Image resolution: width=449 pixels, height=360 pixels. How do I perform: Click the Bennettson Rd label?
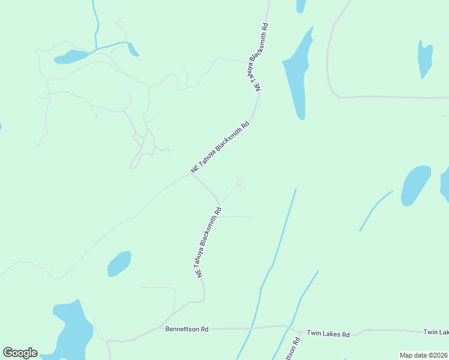click(x=187, y=329)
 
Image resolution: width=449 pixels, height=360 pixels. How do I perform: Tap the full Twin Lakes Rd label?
click(x=328, y=333)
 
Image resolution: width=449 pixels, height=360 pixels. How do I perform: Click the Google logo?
click(x=20, y=353)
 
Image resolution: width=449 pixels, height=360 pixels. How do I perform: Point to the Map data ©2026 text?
click(x=423, y=355)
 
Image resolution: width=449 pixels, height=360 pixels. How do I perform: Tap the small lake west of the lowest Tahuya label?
click(x=119, y=263)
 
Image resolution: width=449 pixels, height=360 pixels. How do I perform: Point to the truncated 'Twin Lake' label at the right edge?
click(x=436, y=332)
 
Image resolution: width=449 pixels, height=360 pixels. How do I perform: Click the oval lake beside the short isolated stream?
click(x=415, y=185)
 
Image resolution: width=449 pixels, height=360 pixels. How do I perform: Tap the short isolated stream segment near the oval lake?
click(x=375, y=211)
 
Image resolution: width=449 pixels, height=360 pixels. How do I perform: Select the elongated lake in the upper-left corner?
click(x=71, y=57)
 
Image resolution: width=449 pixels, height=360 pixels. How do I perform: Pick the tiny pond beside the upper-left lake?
click(x=133, y=49)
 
